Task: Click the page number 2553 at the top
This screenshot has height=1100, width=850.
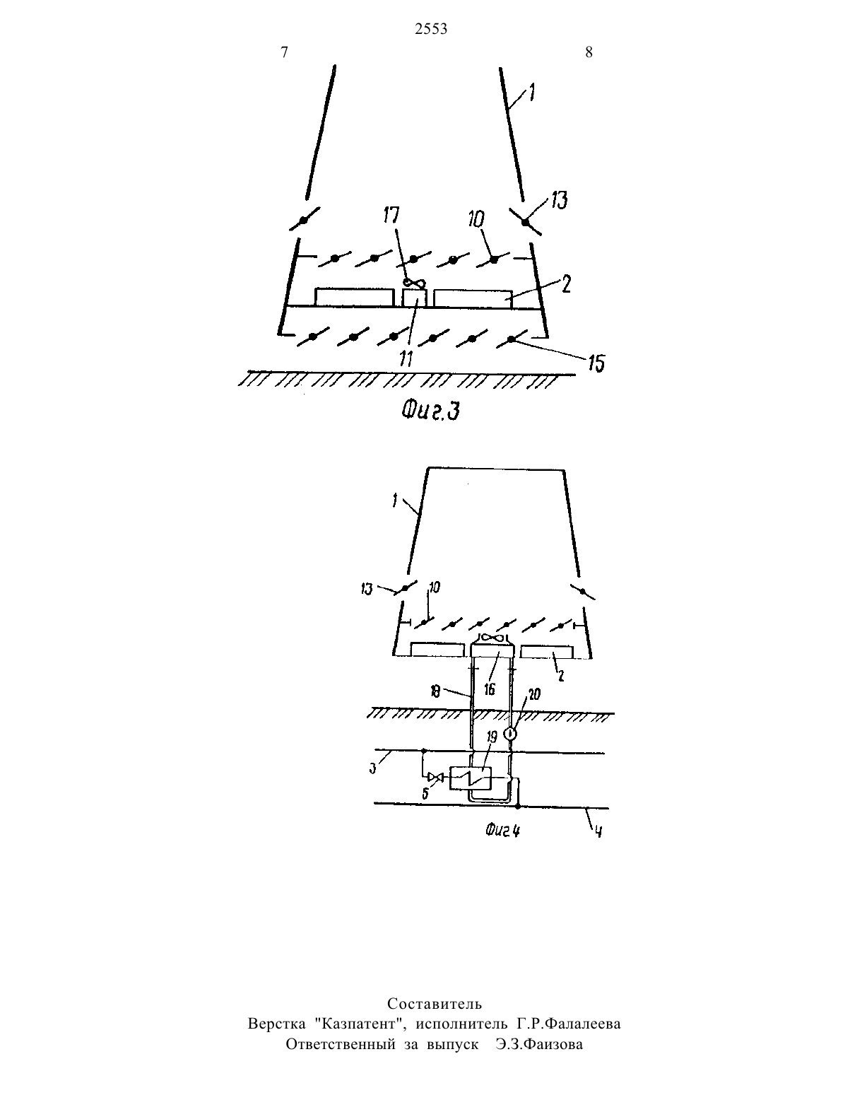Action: click(431, 30)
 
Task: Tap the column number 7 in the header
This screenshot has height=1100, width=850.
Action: click(284, 52)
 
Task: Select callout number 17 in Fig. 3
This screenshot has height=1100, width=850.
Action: click(391, 215)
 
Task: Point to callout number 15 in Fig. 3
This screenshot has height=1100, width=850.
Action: click(596, 363)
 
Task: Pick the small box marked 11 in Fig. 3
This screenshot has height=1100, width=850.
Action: click(414, 298)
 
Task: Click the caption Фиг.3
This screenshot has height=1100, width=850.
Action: click(430, 411)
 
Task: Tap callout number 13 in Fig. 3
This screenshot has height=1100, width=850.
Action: click(559, 201)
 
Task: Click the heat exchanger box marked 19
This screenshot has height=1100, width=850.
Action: click(471, 778)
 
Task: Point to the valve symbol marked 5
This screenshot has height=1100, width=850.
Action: click(435, 776)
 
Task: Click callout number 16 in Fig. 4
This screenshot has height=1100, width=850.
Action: click(489, 689)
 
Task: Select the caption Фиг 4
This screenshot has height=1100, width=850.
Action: click(503, 831)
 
